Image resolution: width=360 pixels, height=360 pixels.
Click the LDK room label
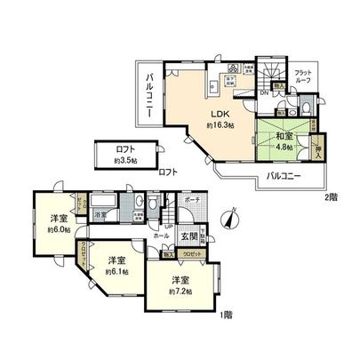220,113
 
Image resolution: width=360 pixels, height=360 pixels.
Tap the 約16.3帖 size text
220,125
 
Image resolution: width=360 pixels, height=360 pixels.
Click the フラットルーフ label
304,75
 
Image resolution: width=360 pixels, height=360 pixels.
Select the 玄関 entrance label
188,236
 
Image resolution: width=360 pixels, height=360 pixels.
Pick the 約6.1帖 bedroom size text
116,271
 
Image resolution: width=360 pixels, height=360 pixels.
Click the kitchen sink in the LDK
214,86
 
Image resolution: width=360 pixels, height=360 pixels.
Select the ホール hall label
162,236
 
